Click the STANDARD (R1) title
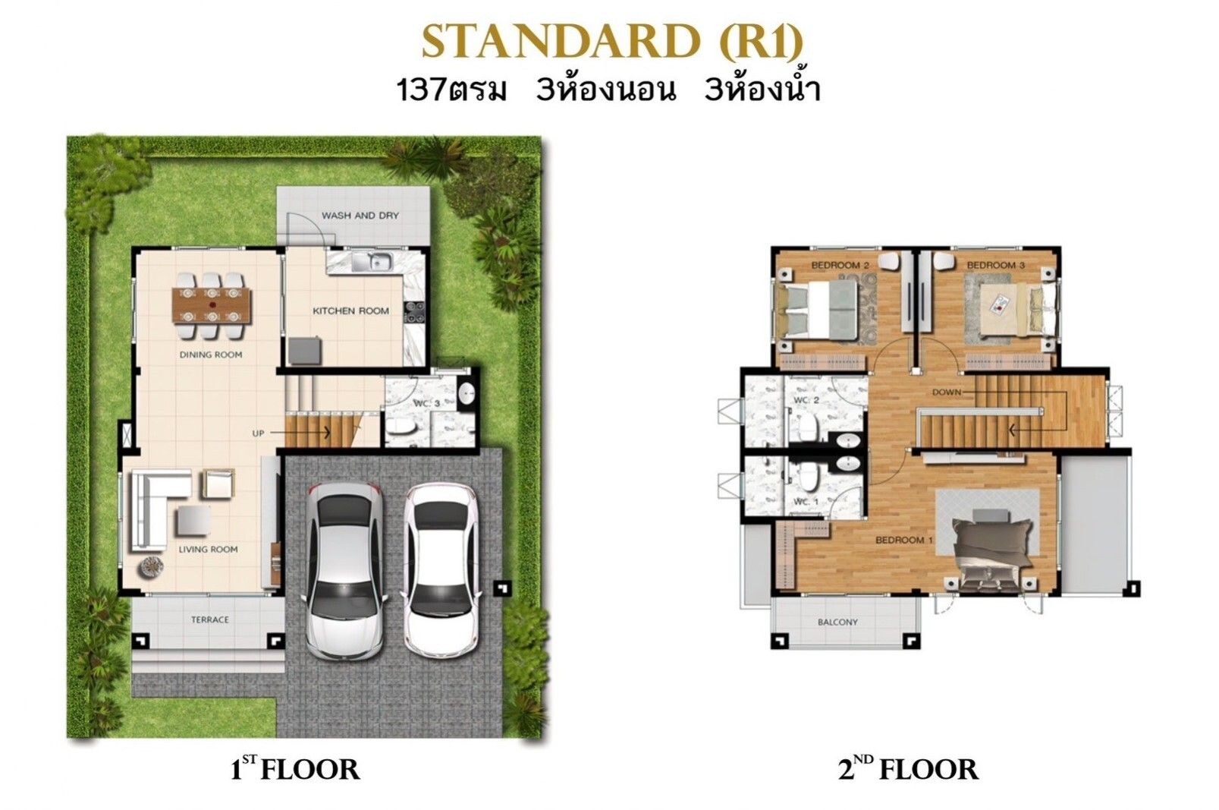click(x=612, y=42)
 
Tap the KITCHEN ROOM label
click(x=351, y=311)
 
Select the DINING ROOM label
click(x=211, y=355)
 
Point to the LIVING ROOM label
click(x=209, y=550)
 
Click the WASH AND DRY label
click(x=360, y=216)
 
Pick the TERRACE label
click(x=210, y=620)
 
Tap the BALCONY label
click(x=837, y=622)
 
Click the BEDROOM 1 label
click(x=904, y=541)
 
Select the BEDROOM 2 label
click(x=840, y=266)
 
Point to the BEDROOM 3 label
click(x=996, y=265)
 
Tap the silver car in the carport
click(x=346, y=570)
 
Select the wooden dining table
click(x=212, y=306)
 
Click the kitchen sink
click(x=372, y=262)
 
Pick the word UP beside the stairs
click(x=258, y=433)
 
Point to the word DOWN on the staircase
click(x=947, y=392)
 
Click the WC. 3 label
click(x=426, y=404)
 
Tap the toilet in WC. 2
click(x=809, y=427)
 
